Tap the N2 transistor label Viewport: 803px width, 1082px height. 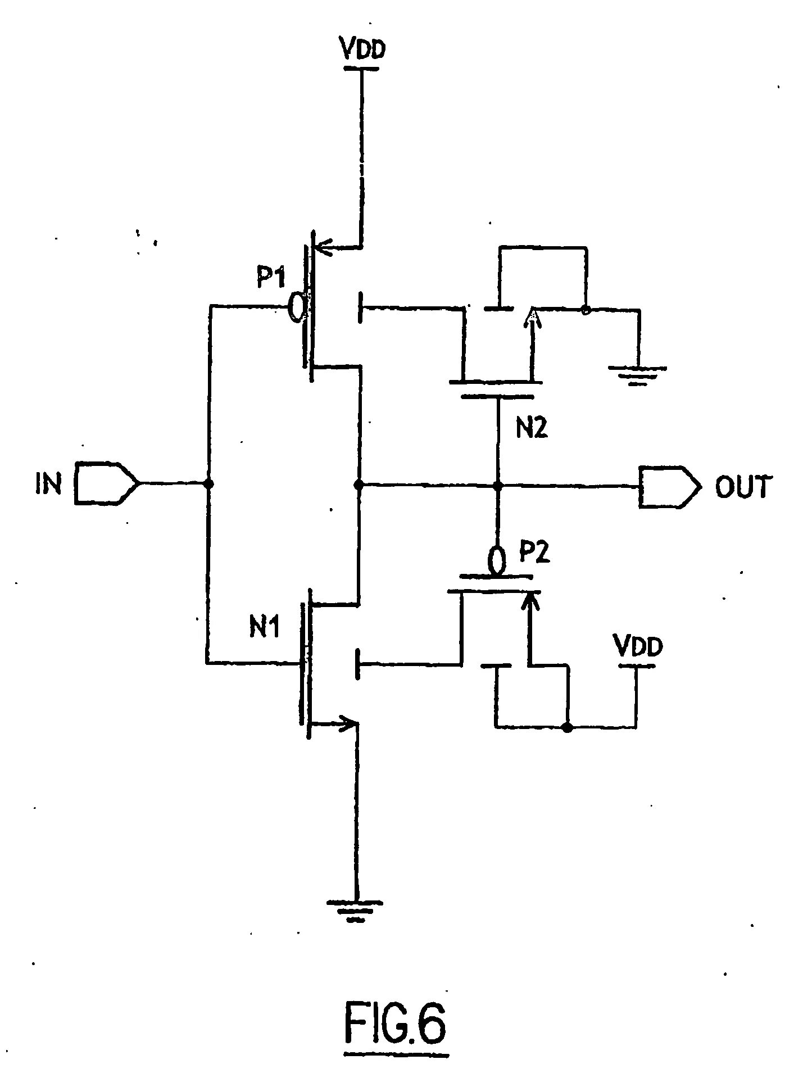531,431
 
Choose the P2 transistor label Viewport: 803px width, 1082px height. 534,553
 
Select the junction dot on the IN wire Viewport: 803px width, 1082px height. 208,483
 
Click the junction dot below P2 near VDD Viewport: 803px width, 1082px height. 568,728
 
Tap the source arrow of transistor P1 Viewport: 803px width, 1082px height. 323,247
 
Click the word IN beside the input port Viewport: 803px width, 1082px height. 48,484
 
